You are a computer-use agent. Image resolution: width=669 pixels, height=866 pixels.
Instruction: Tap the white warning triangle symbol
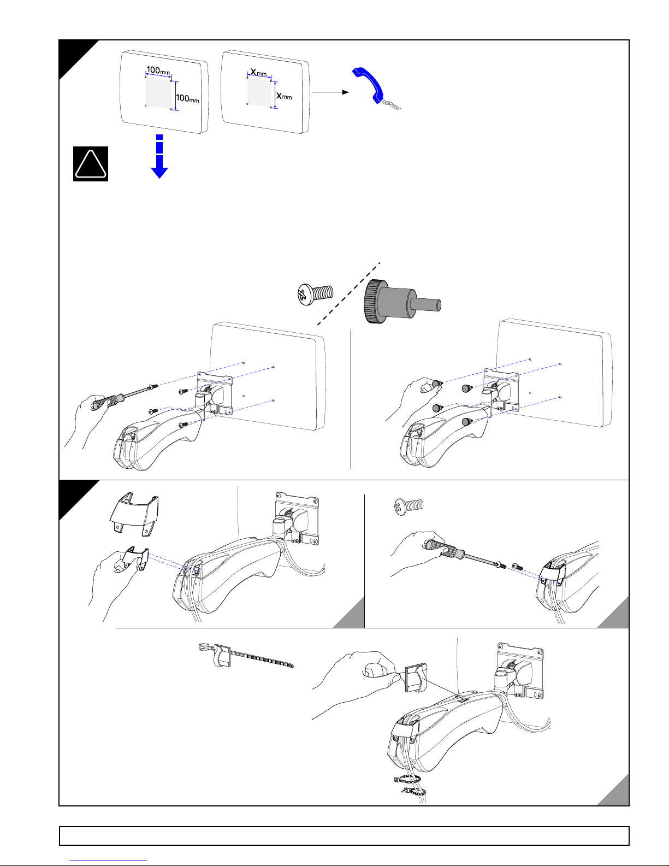coord(91,164)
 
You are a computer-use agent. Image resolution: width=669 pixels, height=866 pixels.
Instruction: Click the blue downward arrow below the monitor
coord(159,157)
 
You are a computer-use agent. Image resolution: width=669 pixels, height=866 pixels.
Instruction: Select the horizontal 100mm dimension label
coord(158,70)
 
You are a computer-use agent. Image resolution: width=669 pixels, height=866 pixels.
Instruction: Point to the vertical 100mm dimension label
coord(187,98)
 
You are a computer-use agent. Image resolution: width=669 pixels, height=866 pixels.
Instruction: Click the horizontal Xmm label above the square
coord(258,73)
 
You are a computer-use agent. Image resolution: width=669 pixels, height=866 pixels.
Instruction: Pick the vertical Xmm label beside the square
coord(284,96)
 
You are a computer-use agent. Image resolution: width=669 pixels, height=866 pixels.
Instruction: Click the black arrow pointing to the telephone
coord(330,92)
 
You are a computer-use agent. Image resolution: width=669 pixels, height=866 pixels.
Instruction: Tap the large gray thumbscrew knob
coord(402,301)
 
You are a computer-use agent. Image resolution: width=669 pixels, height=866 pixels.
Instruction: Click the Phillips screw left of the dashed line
coord(315,294)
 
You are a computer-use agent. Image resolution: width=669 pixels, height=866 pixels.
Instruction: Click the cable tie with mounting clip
coord(246,655)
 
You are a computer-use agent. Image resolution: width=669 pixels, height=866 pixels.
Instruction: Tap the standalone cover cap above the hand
coord(134,514)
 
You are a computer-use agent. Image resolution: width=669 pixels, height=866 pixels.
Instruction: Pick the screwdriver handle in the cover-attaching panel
coord(443,549)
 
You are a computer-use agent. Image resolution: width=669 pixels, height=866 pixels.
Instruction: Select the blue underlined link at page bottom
coord(108,861)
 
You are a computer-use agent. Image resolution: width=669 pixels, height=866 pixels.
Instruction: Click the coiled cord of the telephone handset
coord(391,105)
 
